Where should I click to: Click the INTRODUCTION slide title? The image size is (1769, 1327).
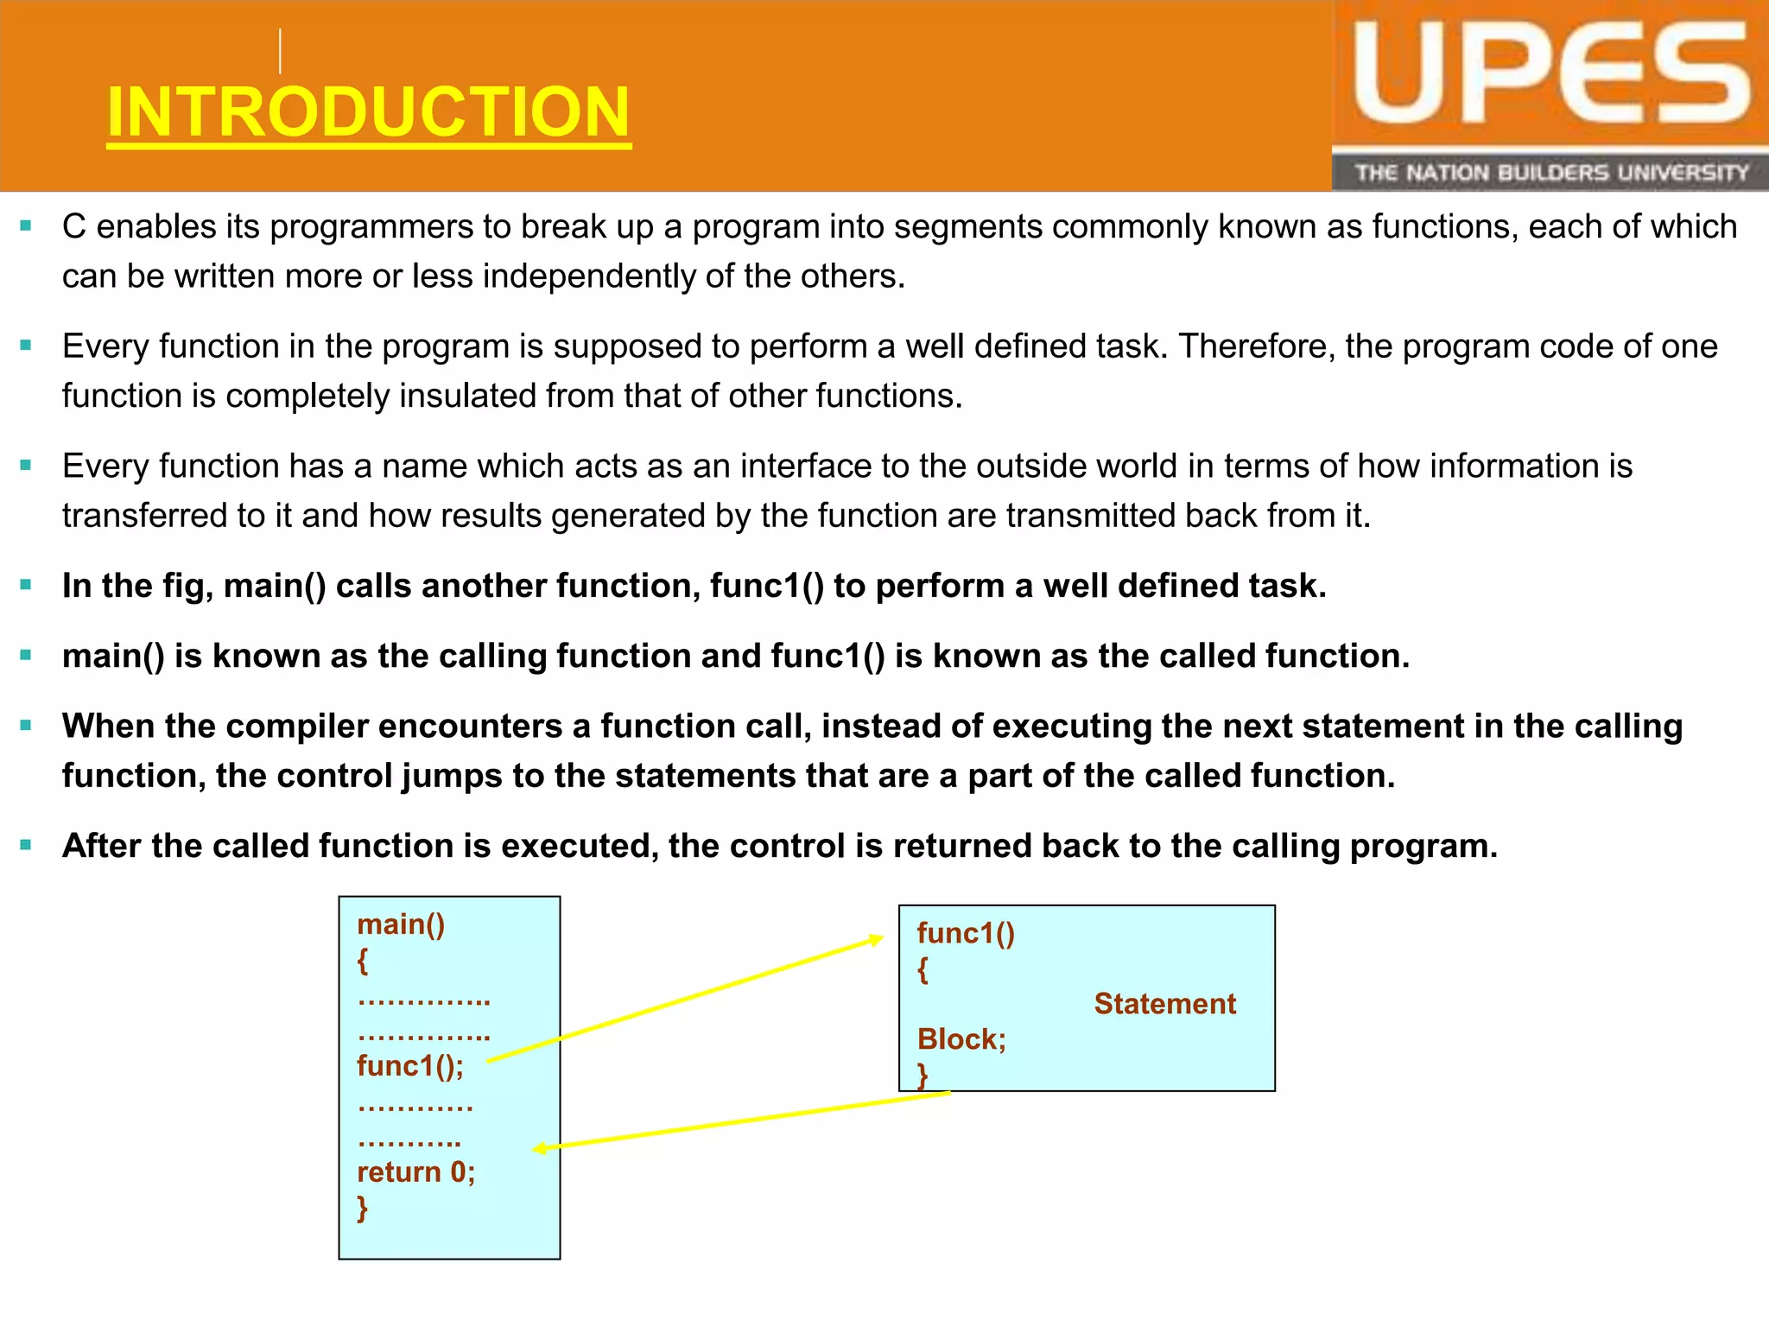coord(369,112)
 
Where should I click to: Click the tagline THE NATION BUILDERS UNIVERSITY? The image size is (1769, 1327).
coord(1550,173)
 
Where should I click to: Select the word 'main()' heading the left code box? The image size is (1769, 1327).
coord(401,924)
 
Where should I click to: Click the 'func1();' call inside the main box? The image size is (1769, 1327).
coord(410,1066)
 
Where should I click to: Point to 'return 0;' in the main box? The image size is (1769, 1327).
coord(415,1172)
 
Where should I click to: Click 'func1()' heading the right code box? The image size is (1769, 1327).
coord(966,933)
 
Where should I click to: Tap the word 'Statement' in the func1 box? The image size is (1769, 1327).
coord(1164,1004)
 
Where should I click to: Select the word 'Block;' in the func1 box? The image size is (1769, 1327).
coord(961,1039)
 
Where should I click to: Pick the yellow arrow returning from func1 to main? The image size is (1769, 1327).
coord(743,1121)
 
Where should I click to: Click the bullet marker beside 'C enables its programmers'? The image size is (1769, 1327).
coord(26,226)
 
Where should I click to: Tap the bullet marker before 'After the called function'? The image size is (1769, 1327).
coord(26,845)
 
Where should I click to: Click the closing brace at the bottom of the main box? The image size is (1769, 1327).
coord(363,1208)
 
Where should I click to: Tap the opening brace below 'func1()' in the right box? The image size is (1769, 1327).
coord(923,969)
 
